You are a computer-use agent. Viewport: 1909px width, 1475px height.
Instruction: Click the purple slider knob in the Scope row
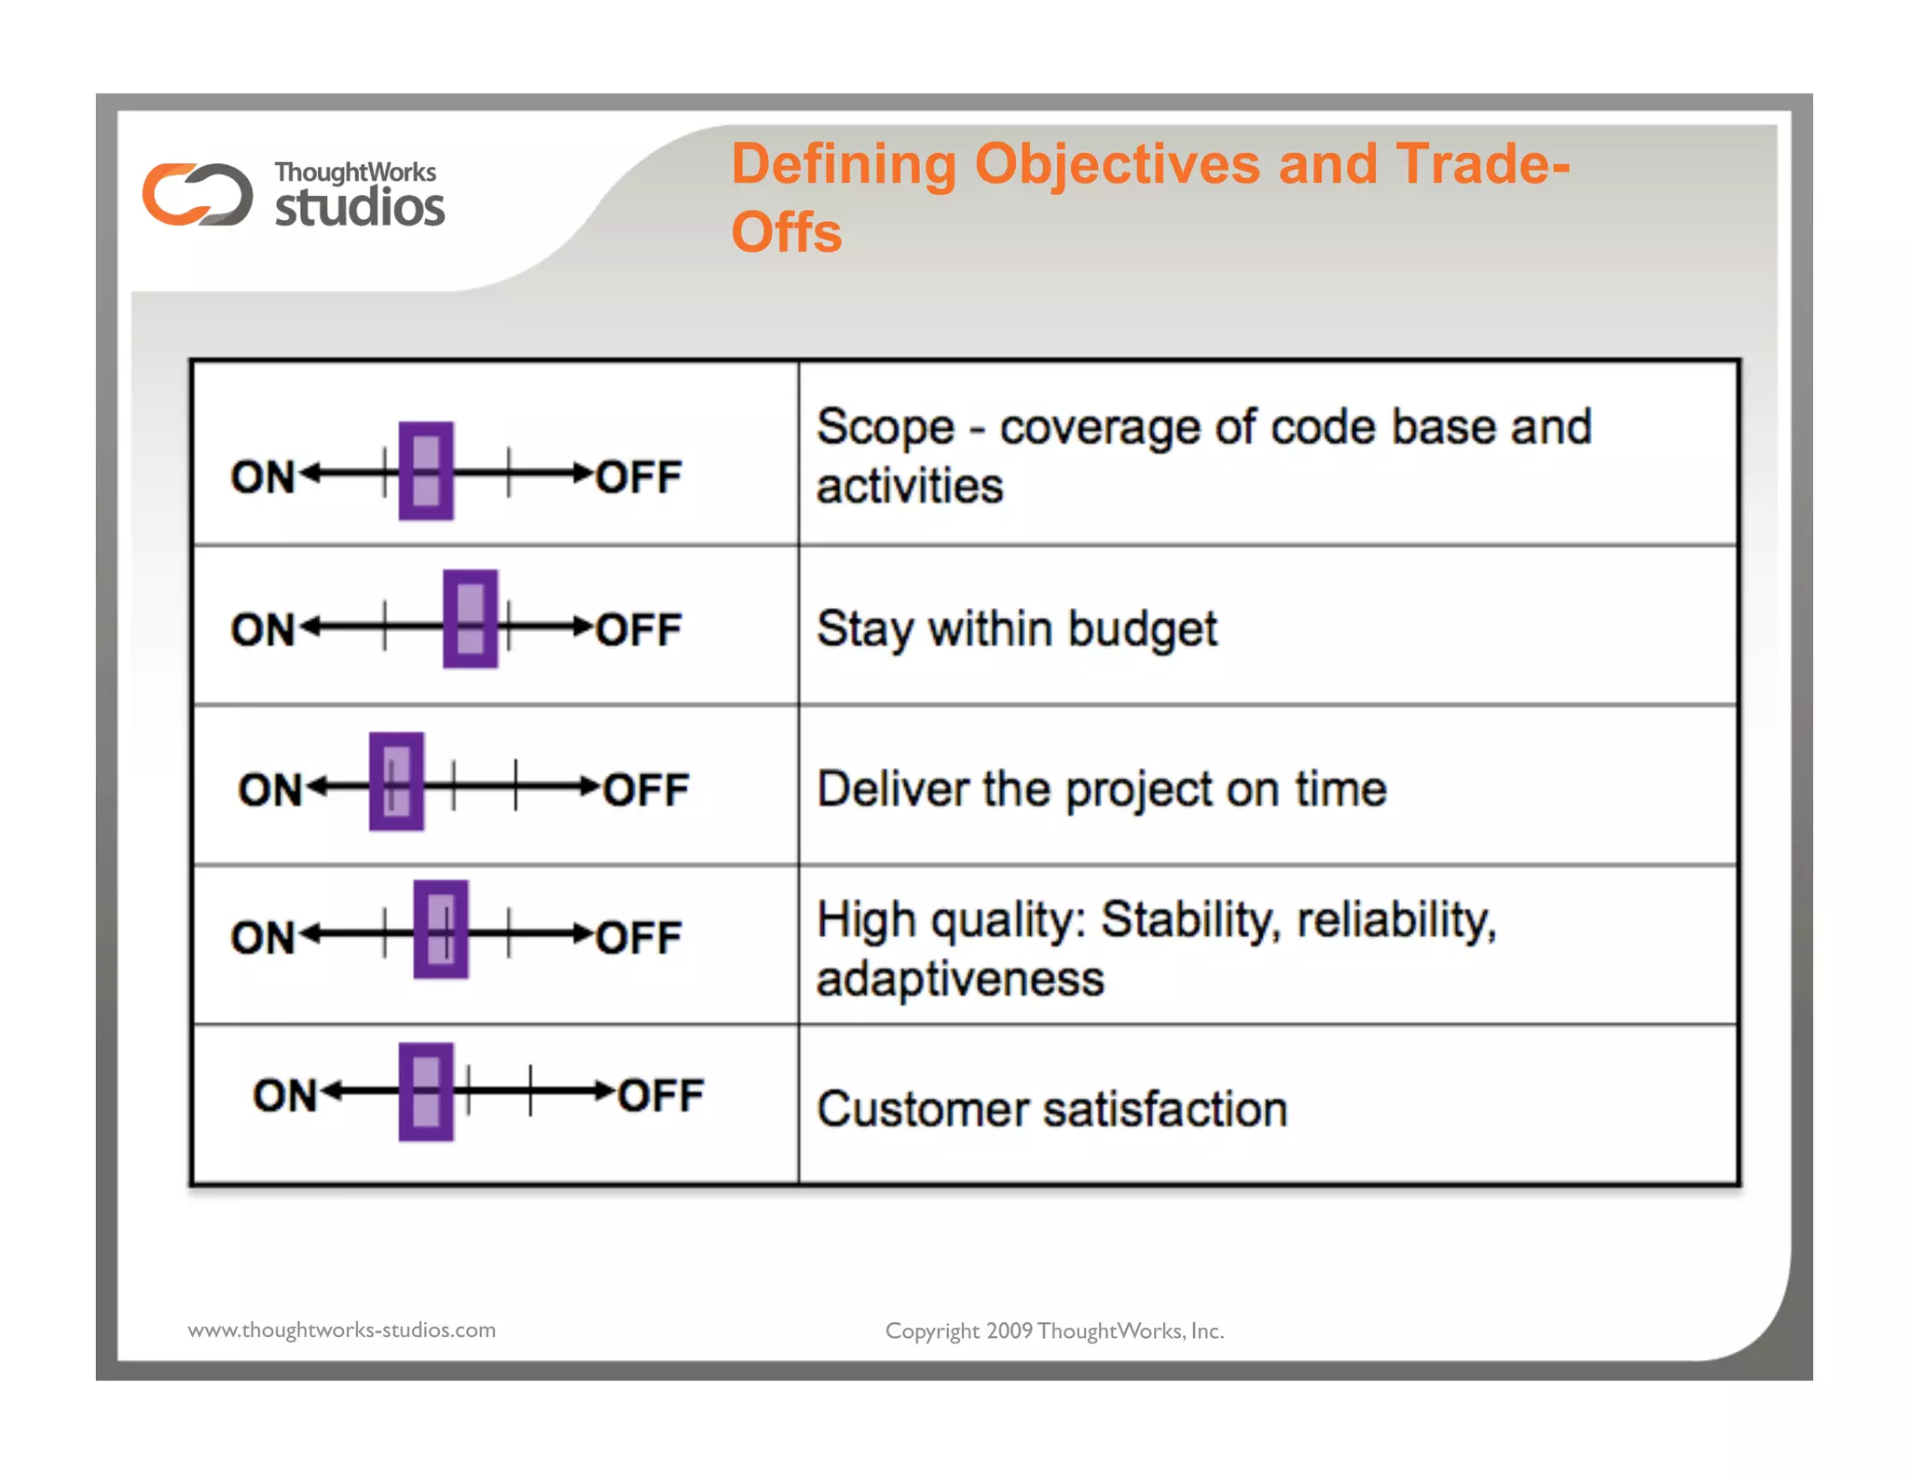[x=426, y=471]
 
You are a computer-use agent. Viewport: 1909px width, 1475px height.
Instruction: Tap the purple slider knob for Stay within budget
[x=470, y=619]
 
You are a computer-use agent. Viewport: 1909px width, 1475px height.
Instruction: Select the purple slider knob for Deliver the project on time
[x=396, y=781]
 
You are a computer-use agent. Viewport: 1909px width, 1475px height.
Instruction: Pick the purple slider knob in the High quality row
[x=441, y=930]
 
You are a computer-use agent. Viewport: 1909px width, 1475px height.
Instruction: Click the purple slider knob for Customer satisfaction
[x=426, y=1092]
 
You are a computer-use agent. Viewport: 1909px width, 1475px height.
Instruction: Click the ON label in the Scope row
[x=263, y=477]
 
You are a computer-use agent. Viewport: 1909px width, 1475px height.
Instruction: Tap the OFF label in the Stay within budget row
[x=639, y=630]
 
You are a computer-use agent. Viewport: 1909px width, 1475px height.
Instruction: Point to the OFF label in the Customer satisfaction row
[x=661, y=1096]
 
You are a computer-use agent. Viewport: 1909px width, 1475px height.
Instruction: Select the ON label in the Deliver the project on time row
[x=270, y=791]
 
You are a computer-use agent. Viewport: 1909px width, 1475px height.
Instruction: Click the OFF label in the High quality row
[x=639, y=938]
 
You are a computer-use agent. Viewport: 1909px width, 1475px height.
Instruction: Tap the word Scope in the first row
[x=886, y=429]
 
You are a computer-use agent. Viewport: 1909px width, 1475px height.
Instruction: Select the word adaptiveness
[x=960, y=980]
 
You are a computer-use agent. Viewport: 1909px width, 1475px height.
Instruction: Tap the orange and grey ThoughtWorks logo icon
[x=198, y=195]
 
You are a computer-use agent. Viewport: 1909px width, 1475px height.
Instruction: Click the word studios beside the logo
[x=360, y=207]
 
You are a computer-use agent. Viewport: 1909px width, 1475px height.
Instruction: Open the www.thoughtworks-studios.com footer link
[x=342, y=1330]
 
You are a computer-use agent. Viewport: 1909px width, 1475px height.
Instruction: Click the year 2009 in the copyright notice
[x=1009, y=1331]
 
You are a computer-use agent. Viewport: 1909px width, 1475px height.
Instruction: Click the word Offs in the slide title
[x=787, y=233]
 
